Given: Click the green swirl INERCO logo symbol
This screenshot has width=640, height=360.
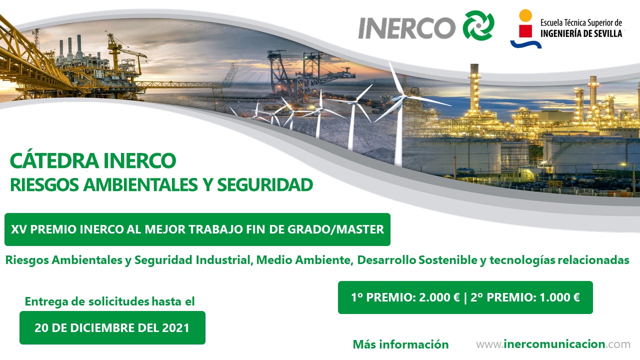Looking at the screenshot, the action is tap(478, 25).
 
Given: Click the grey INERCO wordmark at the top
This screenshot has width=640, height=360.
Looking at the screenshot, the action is tap(407, 27).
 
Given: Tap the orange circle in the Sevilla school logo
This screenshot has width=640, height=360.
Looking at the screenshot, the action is tap(525, 15).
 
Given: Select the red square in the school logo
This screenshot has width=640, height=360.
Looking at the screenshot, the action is tap(525, 31).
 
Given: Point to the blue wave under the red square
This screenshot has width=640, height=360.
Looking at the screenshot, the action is tap(526, 44).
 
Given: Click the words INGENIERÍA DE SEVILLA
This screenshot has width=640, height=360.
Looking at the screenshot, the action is tap(581, 33).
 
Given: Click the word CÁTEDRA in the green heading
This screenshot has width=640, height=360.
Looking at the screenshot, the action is tap(54, 160).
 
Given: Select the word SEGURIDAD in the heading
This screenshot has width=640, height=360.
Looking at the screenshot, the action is tap(265, 184).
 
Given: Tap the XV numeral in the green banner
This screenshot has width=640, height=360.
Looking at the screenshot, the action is tap(19, 229).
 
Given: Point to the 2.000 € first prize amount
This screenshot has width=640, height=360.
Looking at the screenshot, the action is tap(439, 297).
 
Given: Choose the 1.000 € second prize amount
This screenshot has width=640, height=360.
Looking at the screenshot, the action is tap(559, 297).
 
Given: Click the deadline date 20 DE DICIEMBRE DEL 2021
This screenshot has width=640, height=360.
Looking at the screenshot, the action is tap(112, 327).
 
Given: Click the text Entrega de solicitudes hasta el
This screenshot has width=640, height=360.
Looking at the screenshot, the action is tap(109, 301).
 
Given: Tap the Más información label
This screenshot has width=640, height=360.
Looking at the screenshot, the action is tap(400, 344).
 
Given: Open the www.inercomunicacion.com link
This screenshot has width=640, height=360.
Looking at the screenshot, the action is tap(553, 344).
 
